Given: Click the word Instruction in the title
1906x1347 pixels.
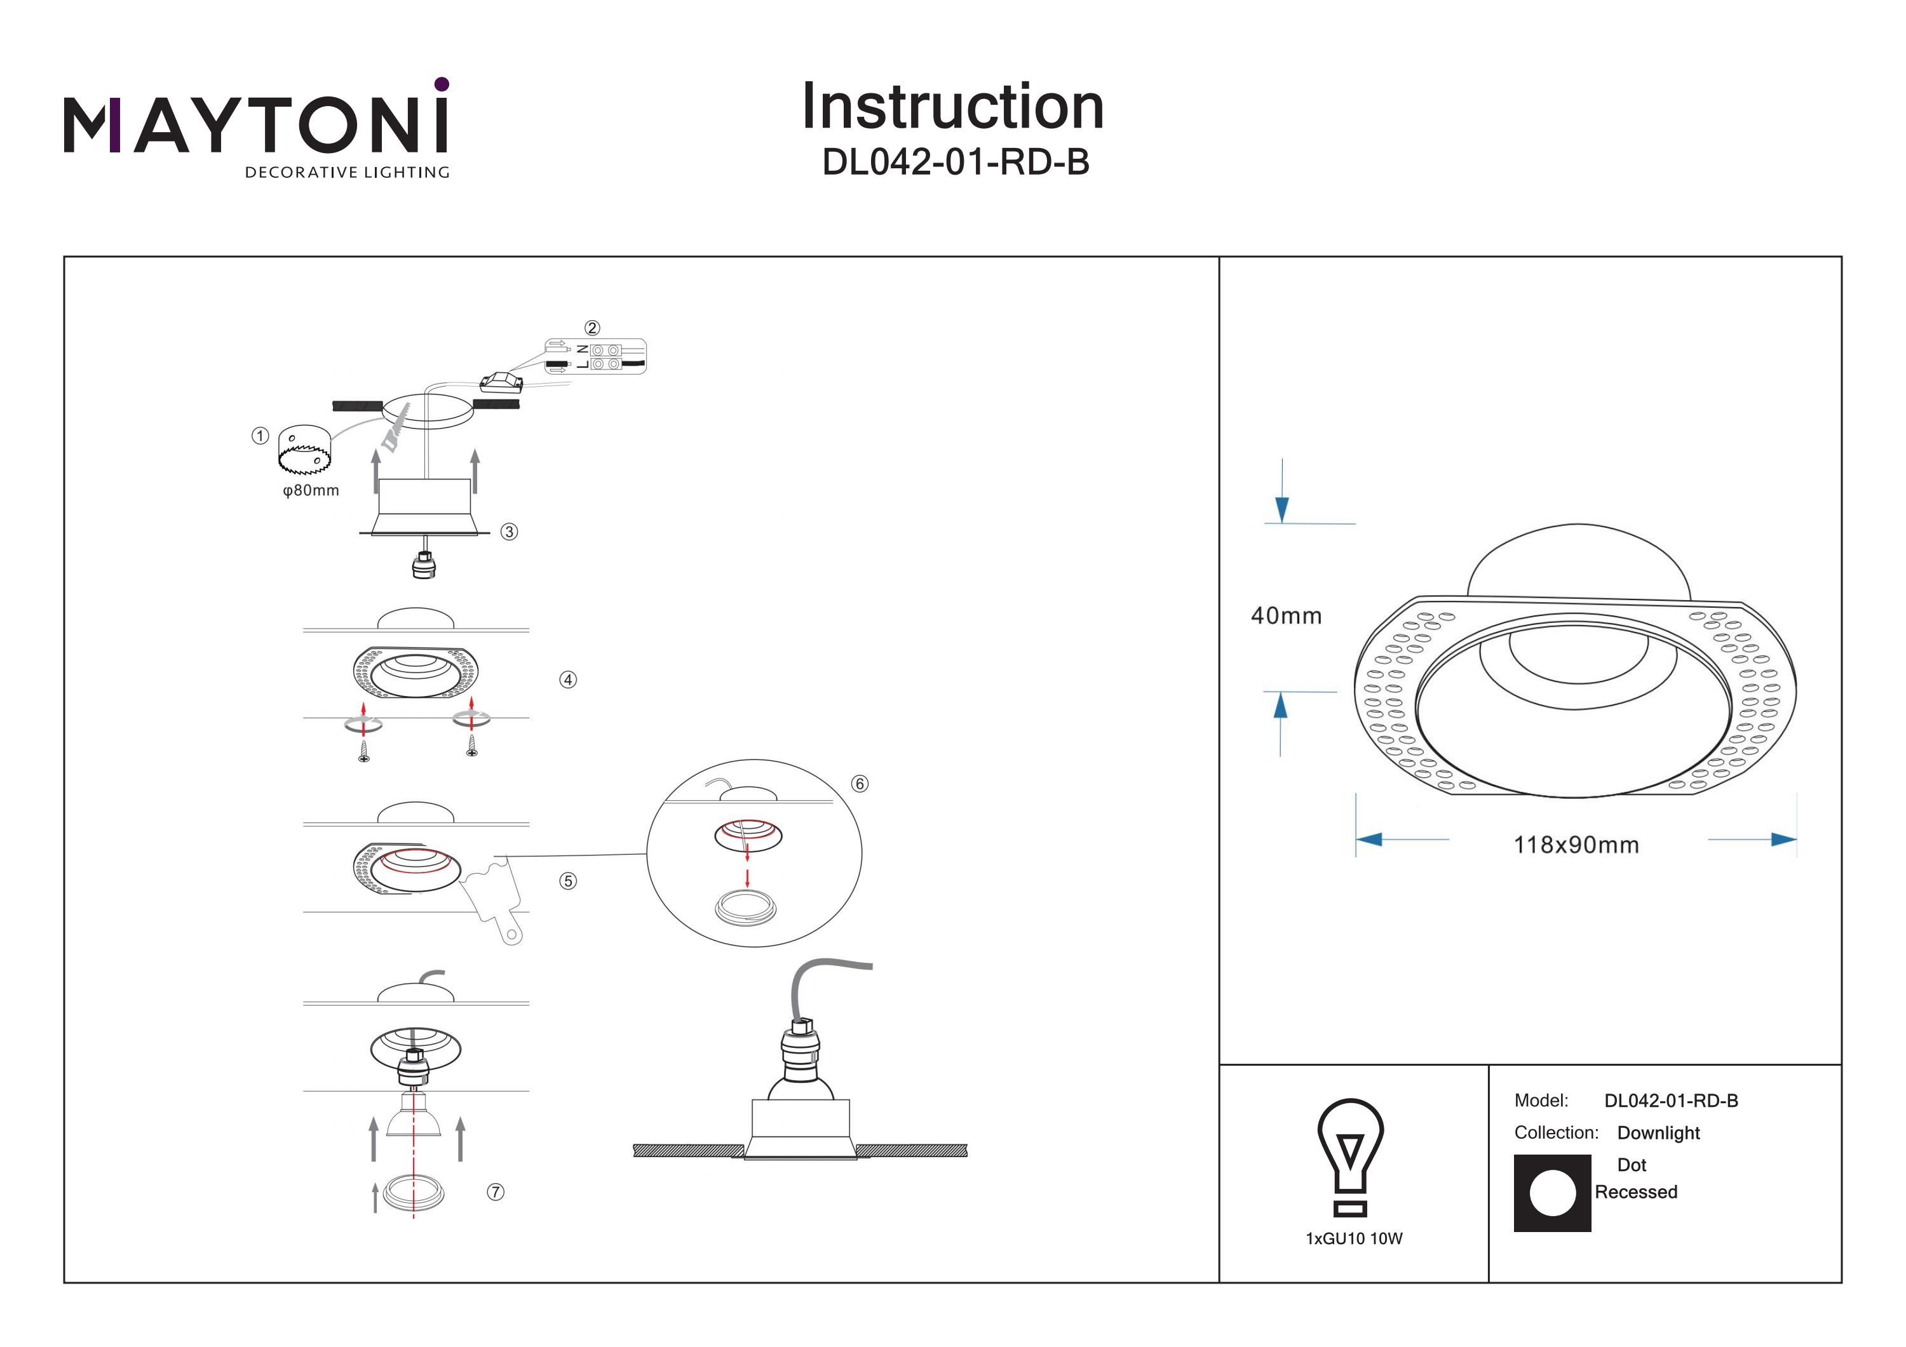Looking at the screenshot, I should (x=952, y=107).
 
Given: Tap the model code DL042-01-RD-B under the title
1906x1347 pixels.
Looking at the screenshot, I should (x=955, y=163).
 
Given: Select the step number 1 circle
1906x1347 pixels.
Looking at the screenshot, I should (x=260, y=436).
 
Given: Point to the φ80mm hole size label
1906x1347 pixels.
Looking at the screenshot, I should (x=311, y=490).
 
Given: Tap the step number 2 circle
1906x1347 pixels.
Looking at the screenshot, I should (x=592, y=328).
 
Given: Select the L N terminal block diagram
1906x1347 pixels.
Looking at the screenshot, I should (x=596, y=356).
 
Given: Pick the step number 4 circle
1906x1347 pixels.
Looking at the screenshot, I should (x=568, y=680).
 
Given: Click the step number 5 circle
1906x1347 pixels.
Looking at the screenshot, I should (x=568, y=881).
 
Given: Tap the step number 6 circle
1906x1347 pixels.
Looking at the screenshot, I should (x=859, y=784).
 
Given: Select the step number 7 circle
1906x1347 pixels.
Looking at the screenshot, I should (x=496, y=1192).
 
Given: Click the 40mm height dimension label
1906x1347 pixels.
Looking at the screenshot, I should (x=1286, y=616).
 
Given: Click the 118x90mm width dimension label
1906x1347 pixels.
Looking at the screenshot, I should (x=1576, y=845).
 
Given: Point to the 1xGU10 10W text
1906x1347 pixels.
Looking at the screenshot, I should (x=1353, y=1239).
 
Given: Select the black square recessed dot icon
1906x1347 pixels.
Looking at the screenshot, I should (x=1551, y=1193).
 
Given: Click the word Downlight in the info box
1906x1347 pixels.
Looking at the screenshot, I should (x=1658, y=1133).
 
